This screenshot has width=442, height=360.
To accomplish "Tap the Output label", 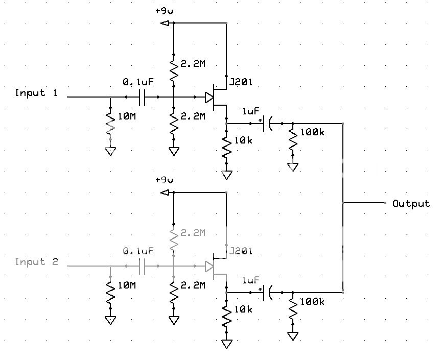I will (x=411, y=203).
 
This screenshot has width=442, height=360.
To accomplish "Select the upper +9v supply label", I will (x=164, y=10).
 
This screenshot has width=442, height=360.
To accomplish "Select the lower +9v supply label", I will (x=164, y=180).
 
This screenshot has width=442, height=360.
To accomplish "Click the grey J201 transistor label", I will (x=242, y=252).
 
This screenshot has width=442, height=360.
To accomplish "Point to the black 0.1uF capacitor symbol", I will (x=142, y=97).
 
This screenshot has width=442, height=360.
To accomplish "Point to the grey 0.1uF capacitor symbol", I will (x=142, y=266).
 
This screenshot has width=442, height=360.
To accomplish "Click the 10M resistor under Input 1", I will (x=110, y=124).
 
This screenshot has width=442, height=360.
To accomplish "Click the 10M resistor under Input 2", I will (x=110, y=293).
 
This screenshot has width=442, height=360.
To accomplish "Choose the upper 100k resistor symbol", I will (x=293, y=139).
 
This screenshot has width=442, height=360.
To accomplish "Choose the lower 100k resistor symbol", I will (x=293, y=308).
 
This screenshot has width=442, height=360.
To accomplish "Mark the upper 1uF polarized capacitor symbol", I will (x=267, y=124).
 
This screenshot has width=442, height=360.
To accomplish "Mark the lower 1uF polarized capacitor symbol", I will (x=267, y=293).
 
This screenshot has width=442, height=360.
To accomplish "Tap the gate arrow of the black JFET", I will (x=208, y=97).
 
